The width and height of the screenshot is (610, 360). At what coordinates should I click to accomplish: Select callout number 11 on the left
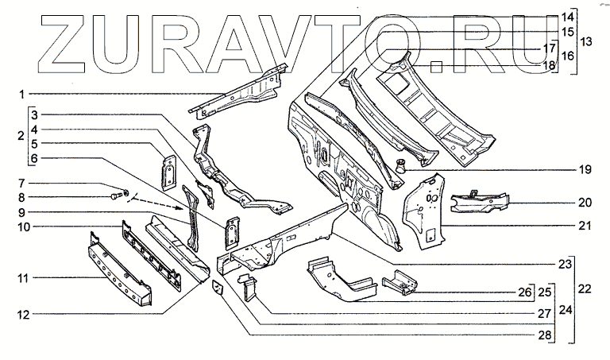click(23, 278)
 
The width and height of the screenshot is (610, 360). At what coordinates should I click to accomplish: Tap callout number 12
click(23, 315)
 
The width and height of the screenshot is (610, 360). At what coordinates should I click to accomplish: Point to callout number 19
click(585, 169)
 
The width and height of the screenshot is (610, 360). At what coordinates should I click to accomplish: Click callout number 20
click(585, 202)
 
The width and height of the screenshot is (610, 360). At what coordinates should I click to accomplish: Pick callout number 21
click(585, 226)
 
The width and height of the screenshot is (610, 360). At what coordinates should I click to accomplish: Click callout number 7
click(23, 184)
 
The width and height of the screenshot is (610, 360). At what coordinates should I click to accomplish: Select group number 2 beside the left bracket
click(20, 137)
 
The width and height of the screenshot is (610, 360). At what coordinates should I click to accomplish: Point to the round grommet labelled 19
click(401, 165)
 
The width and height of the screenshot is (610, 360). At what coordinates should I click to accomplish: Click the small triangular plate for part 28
click(218, 285)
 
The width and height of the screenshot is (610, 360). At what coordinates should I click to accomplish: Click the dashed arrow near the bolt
click(159, 206)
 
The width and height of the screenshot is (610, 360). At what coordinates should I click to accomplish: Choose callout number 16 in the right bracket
click(567, 56)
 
